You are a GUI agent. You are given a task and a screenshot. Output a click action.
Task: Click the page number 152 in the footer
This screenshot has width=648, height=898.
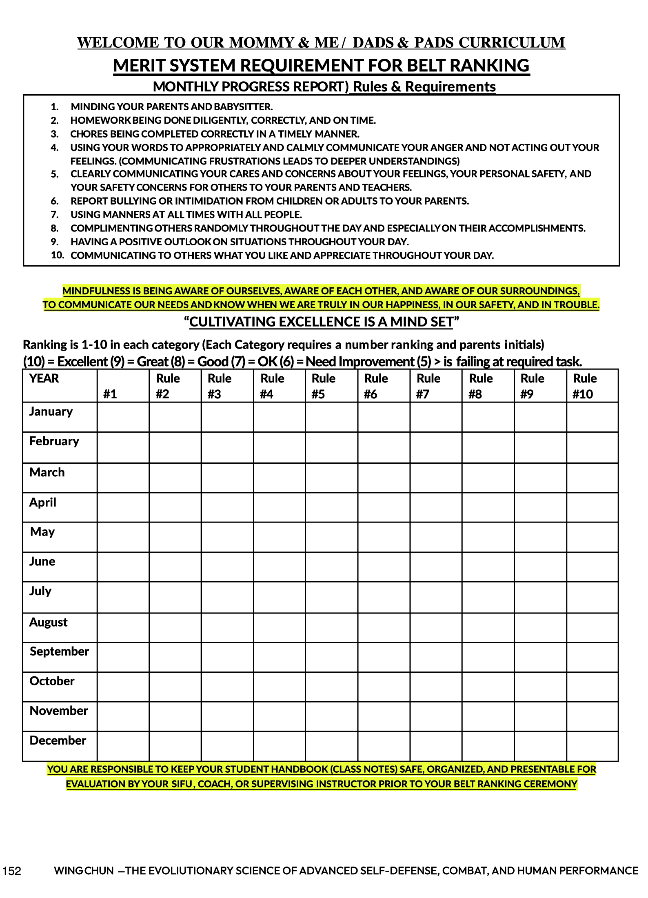point(11,871)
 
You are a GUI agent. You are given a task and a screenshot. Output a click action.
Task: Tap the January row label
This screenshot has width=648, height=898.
point(51,411)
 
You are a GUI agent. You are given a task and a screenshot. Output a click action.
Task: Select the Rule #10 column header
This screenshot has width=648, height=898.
point(584,386)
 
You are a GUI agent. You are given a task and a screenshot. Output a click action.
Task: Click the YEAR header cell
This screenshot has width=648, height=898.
point(44,378)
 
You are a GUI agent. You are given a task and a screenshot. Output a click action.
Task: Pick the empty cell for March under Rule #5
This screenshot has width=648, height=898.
point(331,478)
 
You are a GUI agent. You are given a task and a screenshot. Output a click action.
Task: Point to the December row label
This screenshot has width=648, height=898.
point(58,740)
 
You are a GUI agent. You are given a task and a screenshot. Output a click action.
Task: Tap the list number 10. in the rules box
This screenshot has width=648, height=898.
point(58,255)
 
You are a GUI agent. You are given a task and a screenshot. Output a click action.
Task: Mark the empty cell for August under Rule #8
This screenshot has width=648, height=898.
point(488,627)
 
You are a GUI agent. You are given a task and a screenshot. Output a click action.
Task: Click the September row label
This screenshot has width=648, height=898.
point(60,651)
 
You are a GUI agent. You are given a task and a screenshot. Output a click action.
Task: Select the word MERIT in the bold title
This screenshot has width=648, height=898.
point(139,66)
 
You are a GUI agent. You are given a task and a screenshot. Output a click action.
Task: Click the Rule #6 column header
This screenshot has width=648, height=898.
point(375,386)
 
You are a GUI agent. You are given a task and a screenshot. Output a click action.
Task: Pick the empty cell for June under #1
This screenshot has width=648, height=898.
point(123,567)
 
